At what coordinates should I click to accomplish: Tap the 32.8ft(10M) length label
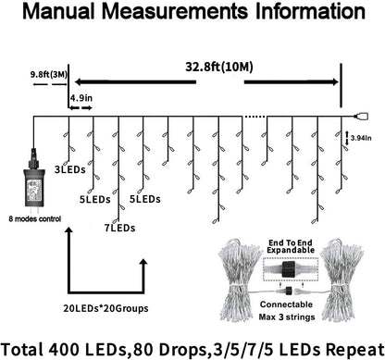pos(227,67)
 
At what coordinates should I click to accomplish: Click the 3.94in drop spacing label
pos(362,136)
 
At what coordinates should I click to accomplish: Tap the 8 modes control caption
pos(37,220)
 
